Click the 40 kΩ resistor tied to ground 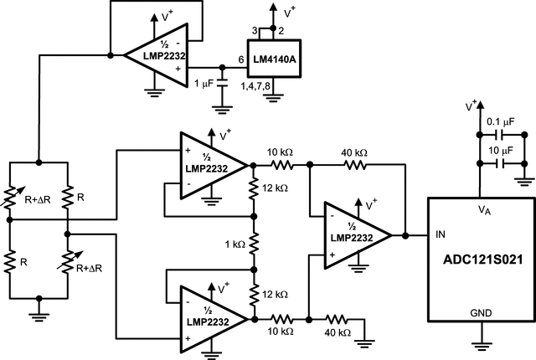click(339, 318)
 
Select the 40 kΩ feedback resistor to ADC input click(356, 166)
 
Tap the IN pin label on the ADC click(440, 236)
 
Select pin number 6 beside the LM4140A click(240, 60)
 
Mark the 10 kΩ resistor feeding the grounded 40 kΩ click(281, 318)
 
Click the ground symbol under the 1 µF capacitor click(221, 105)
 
